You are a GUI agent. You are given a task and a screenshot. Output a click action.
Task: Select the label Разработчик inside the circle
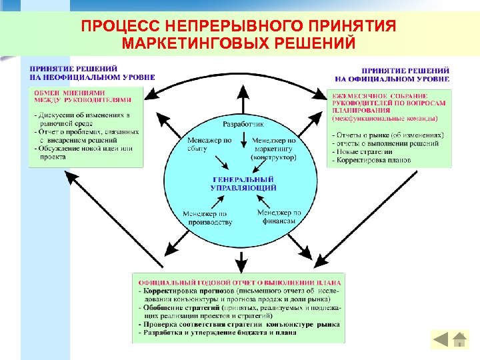coord(243,125)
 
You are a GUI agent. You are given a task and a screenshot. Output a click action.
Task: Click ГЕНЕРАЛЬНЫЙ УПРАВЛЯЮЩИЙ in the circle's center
coord(243,184)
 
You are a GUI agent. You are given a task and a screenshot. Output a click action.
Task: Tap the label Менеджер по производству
coord(207,217)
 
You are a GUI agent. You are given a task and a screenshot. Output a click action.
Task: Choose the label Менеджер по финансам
coord(279,217)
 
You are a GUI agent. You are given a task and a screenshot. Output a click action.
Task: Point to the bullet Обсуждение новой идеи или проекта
coord(85,151)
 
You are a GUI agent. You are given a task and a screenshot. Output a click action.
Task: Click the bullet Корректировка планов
coord(372,160)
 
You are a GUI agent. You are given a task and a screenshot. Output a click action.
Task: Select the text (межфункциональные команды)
coord(385,119)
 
